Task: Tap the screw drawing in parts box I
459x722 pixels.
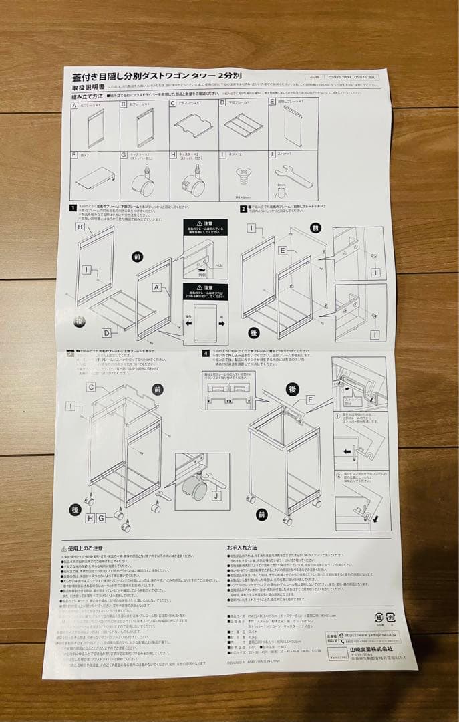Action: [243, 176]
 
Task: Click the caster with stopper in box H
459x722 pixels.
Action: [193, 182]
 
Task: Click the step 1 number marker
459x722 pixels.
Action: [72, 209]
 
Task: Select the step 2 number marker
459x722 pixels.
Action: [243, 208]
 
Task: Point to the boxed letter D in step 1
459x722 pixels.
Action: [106, 332]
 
